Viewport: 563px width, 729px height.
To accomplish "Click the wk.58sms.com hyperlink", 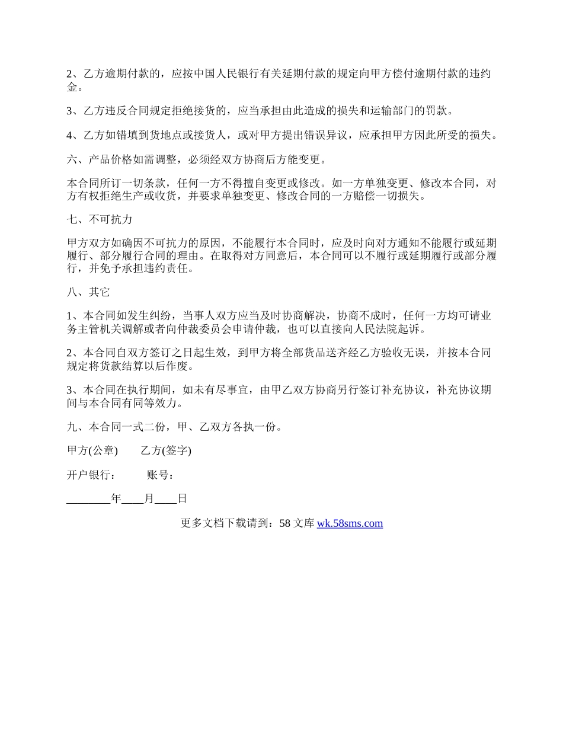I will click(350, 523).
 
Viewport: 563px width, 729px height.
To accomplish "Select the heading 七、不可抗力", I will click(99, 220).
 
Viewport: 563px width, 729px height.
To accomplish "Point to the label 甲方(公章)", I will click(92, 451).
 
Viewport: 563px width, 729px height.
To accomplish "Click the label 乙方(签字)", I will click(166, 451).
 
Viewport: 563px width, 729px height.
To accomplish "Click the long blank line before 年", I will click(88, 499).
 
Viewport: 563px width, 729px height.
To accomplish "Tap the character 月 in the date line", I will click(149, 499).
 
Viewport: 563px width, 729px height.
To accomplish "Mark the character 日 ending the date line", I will click(182, 499).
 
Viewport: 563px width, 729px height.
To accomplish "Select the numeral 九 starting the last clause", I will click(72, 427).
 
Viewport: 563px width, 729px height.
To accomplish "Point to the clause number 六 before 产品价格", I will click(72, 159).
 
